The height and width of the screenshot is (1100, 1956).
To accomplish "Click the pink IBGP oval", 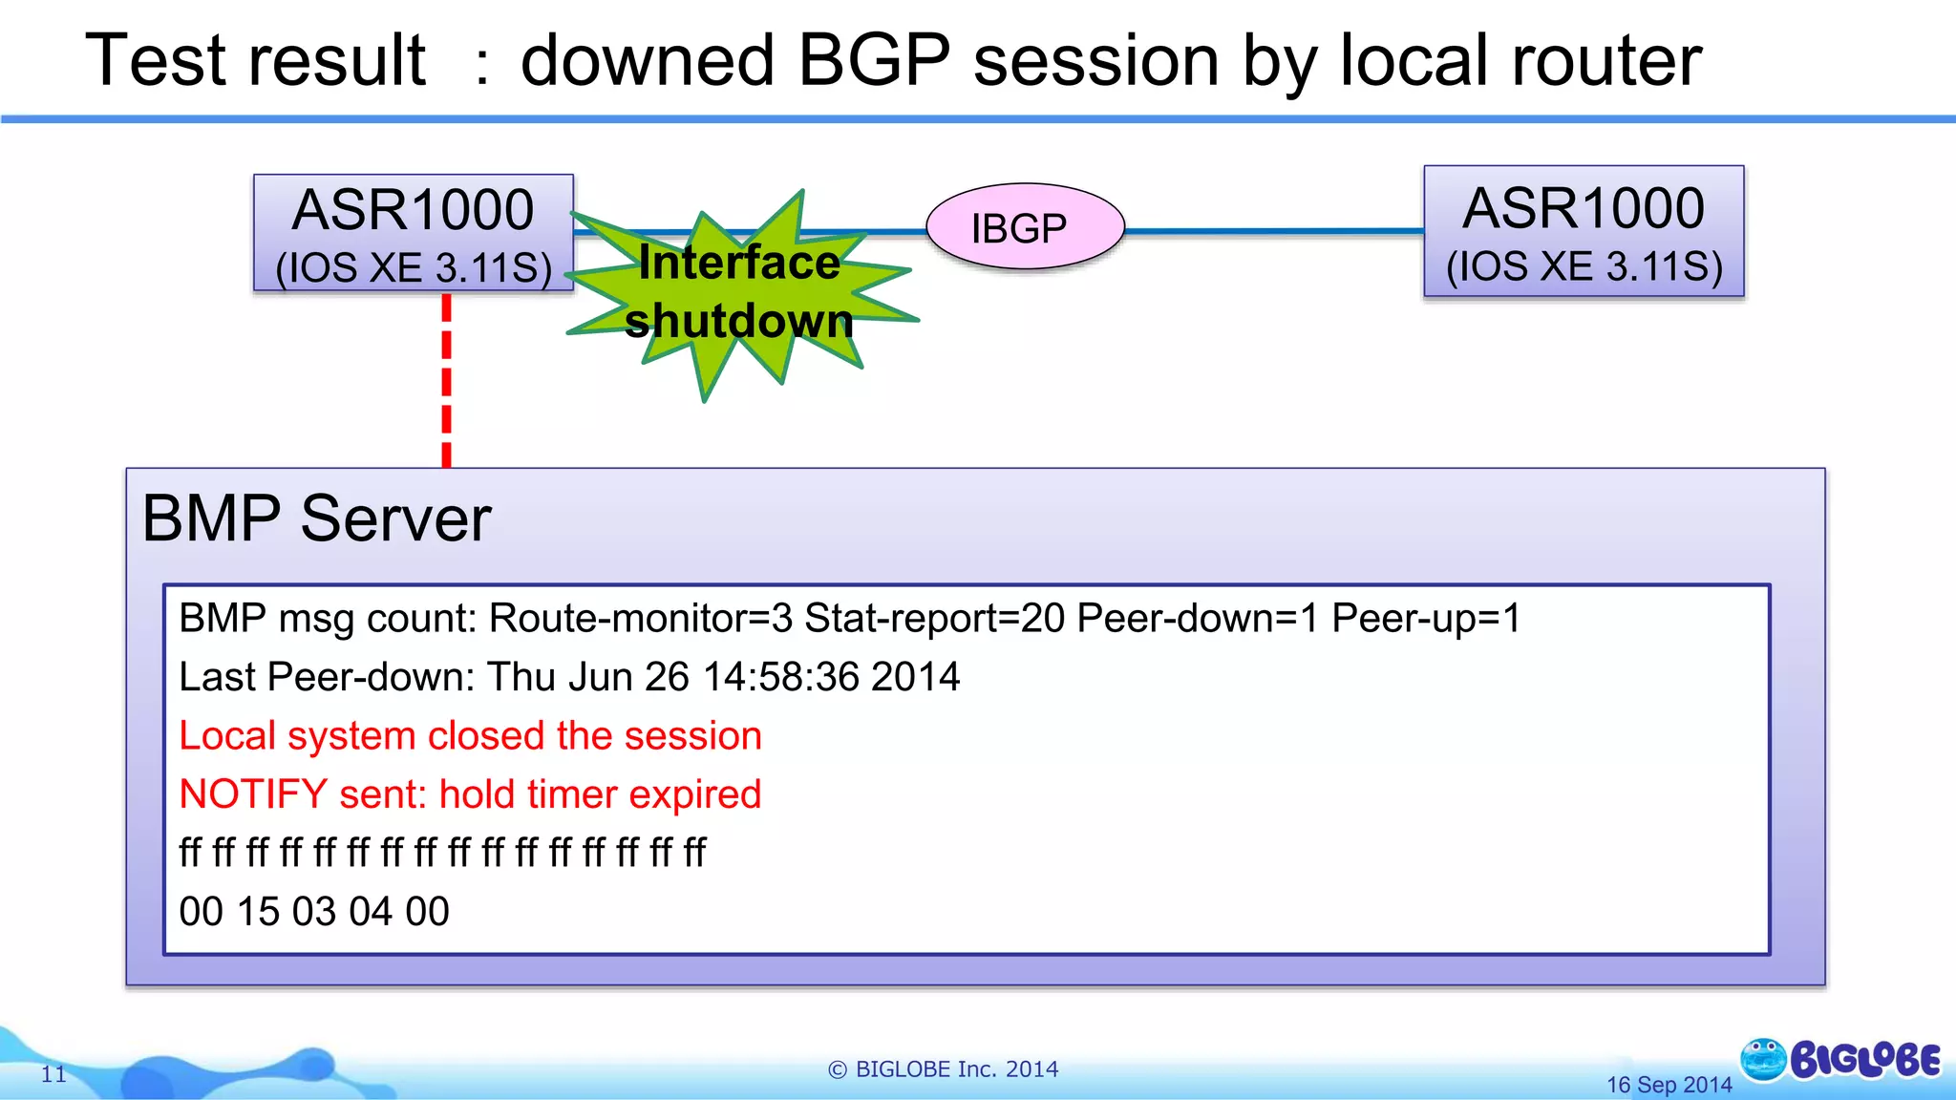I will [x=1025, y=226].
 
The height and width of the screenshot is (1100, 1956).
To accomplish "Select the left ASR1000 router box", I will [x=413, y=232].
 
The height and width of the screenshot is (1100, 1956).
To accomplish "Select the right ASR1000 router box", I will [x=1584, y=231].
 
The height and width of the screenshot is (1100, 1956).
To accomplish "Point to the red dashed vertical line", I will [x=446, y=382].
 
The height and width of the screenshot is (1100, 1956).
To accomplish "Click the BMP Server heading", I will [x=316, y=518].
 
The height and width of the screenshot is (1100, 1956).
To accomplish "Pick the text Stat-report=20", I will [x=934, y=619].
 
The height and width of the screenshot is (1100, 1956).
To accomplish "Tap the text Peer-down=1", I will [x=1197, y=619].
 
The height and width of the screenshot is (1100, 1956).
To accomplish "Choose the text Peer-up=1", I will [x=1425, y=619].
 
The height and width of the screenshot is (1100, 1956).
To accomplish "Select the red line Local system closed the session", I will [x=470, y=736].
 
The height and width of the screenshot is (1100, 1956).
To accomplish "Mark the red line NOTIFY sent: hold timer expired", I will [x=470, y=794].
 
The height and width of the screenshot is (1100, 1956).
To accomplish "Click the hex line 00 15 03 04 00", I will [x=314, y=912].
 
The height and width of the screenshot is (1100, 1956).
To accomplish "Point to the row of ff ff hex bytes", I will [x=442, y=853].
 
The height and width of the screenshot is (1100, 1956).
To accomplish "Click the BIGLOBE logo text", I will [x=1864, y=1061].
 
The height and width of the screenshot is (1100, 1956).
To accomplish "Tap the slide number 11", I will [x=53, y=1074].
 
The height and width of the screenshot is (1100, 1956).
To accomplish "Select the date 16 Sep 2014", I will [x=1669, y=1085].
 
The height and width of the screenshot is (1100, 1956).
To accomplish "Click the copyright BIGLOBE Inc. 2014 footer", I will [x=943, y=1069].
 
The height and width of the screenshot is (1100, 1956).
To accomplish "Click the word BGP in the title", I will [x=873, y=60].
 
